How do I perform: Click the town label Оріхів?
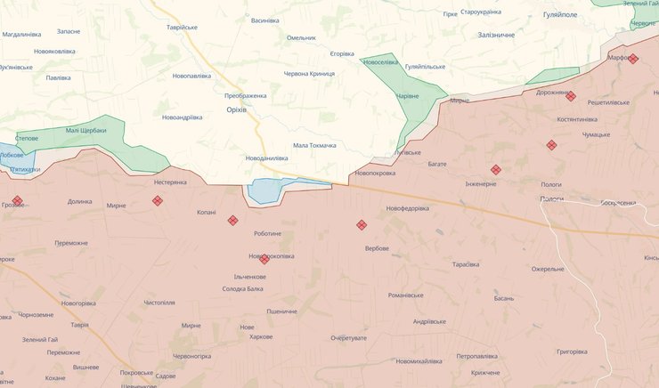click(x=237, y=109)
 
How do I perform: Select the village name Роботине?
click(x=267, y=233)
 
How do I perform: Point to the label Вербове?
click(x=377, y=248)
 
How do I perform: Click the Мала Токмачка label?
click(x=314, y=145)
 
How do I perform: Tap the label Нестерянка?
click(x=170, y=182)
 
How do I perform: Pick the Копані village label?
click(x=207, y=212)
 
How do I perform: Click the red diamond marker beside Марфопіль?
click(x=633, y=59)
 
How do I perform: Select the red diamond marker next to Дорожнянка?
click(x=571, y=96)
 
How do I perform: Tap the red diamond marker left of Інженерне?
click(x=495, y=170)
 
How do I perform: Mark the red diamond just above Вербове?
click(x=361, y=225)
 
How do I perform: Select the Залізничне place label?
click(x=497, y=35)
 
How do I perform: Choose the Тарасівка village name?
click(x=466, y=265)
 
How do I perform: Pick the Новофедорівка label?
click(x=407, y=208)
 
